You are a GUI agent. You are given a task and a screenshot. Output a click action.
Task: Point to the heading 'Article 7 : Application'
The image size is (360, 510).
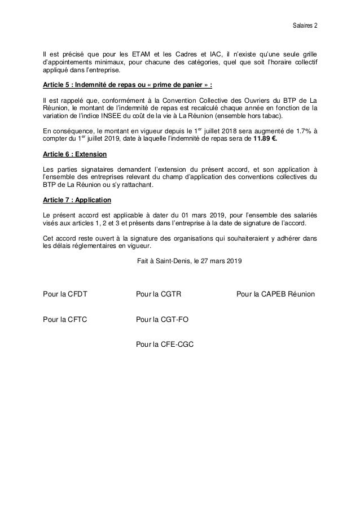tap(77, 200)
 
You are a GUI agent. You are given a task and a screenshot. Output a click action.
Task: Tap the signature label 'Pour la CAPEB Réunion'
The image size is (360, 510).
tap(276, 294)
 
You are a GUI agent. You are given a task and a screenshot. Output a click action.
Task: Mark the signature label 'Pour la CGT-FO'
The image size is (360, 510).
tap(162, 319)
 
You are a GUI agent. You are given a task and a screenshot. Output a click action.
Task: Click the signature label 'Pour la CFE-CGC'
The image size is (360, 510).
tap(165, 344)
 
